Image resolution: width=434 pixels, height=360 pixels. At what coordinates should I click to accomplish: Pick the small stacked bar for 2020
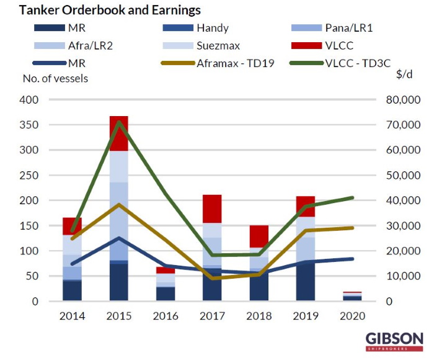pyautogui.click(x=353, y=297)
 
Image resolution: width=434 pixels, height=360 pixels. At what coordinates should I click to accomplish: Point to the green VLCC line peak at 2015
pyautogui.click(x=118, y=122)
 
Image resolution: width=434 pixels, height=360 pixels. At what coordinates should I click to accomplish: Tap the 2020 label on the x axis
pyautogui.click(x=353, y=317)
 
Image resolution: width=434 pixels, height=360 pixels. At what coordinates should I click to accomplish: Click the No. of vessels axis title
pyautogui.click(x=55, y=78)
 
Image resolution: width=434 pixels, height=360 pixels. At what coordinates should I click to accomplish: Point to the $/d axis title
pyautogui.click(x=405, y=74)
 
